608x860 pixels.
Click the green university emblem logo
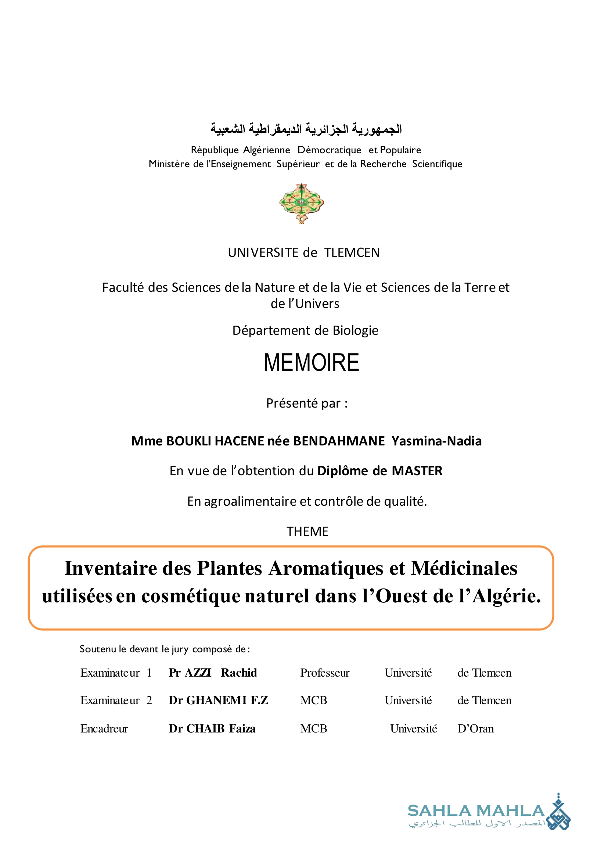pos(301,203)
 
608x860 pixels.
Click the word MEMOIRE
pos(311,363)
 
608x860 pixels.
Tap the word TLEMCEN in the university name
pos(352,252)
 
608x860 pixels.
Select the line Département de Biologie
pos(305,330)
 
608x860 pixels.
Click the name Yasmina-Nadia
pos(436,441)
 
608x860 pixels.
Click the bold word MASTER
pos(417,470)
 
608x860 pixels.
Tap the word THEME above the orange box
pos(307,531)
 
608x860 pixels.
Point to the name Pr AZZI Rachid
pos(213,673)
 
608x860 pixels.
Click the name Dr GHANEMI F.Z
pos(218,700)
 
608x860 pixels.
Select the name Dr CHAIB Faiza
pos(212,728)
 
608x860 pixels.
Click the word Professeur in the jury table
pos(325,673)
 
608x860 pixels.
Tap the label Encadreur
pos(104,728)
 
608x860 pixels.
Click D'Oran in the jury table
pos(475,728)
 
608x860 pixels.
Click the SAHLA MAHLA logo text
pos(475,810)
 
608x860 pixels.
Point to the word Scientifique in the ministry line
pos(437,164)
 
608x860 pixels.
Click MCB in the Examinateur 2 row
pos(313,700)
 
